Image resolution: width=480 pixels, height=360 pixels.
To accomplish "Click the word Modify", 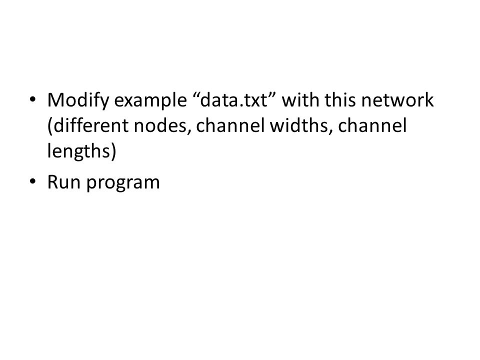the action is (x=78, y=100).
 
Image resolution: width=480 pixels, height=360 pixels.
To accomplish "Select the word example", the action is (x=150, y=100).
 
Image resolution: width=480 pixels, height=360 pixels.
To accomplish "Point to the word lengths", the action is (x=78, y=151).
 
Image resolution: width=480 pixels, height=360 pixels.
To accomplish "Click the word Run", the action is (x=63, y=182).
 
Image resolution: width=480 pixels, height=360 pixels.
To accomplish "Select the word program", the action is (x=123, y=183).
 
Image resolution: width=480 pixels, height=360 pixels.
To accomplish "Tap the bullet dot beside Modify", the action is (x=32, y=99).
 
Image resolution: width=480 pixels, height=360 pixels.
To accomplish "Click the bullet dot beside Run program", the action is (x=32, y=181).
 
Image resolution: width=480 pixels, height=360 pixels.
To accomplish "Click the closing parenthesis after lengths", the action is (x=113, y=151).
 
